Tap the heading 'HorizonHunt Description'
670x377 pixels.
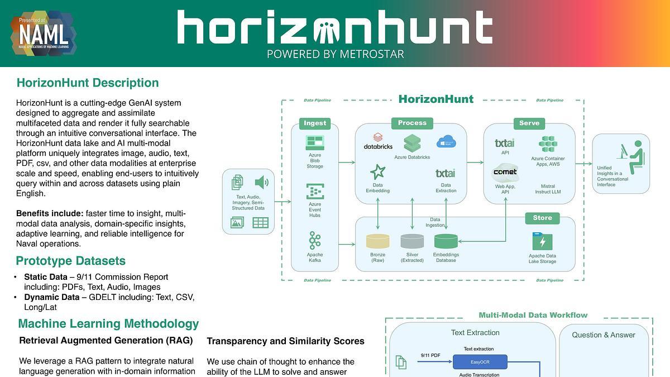tap(88, 83)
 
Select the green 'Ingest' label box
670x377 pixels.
tap(315, 123)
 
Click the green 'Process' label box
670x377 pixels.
tap(412, 123)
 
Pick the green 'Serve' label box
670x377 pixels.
tap(529, 123)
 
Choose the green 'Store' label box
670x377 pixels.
tap(542, 218)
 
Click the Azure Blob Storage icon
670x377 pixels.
tap(315, 142)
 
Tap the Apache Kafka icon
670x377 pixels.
tap(315, 241)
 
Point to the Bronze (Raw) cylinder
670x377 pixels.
tap(377, 241)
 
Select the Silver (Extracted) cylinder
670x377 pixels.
tap(412, 241)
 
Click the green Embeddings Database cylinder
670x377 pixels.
tap(446, 241)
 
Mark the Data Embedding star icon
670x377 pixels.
tap(377, 171)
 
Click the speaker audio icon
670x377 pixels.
tap(261, 182)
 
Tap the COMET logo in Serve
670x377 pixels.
tap(505, 172)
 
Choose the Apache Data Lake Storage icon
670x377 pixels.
tap(542, 242)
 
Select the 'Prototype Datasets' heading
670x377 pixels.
tap(70, 261)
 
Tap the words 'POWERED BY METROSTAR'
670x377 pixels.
tap(335, 54)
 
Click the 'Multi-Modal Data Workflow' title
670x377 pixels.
tap(533, 315)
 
